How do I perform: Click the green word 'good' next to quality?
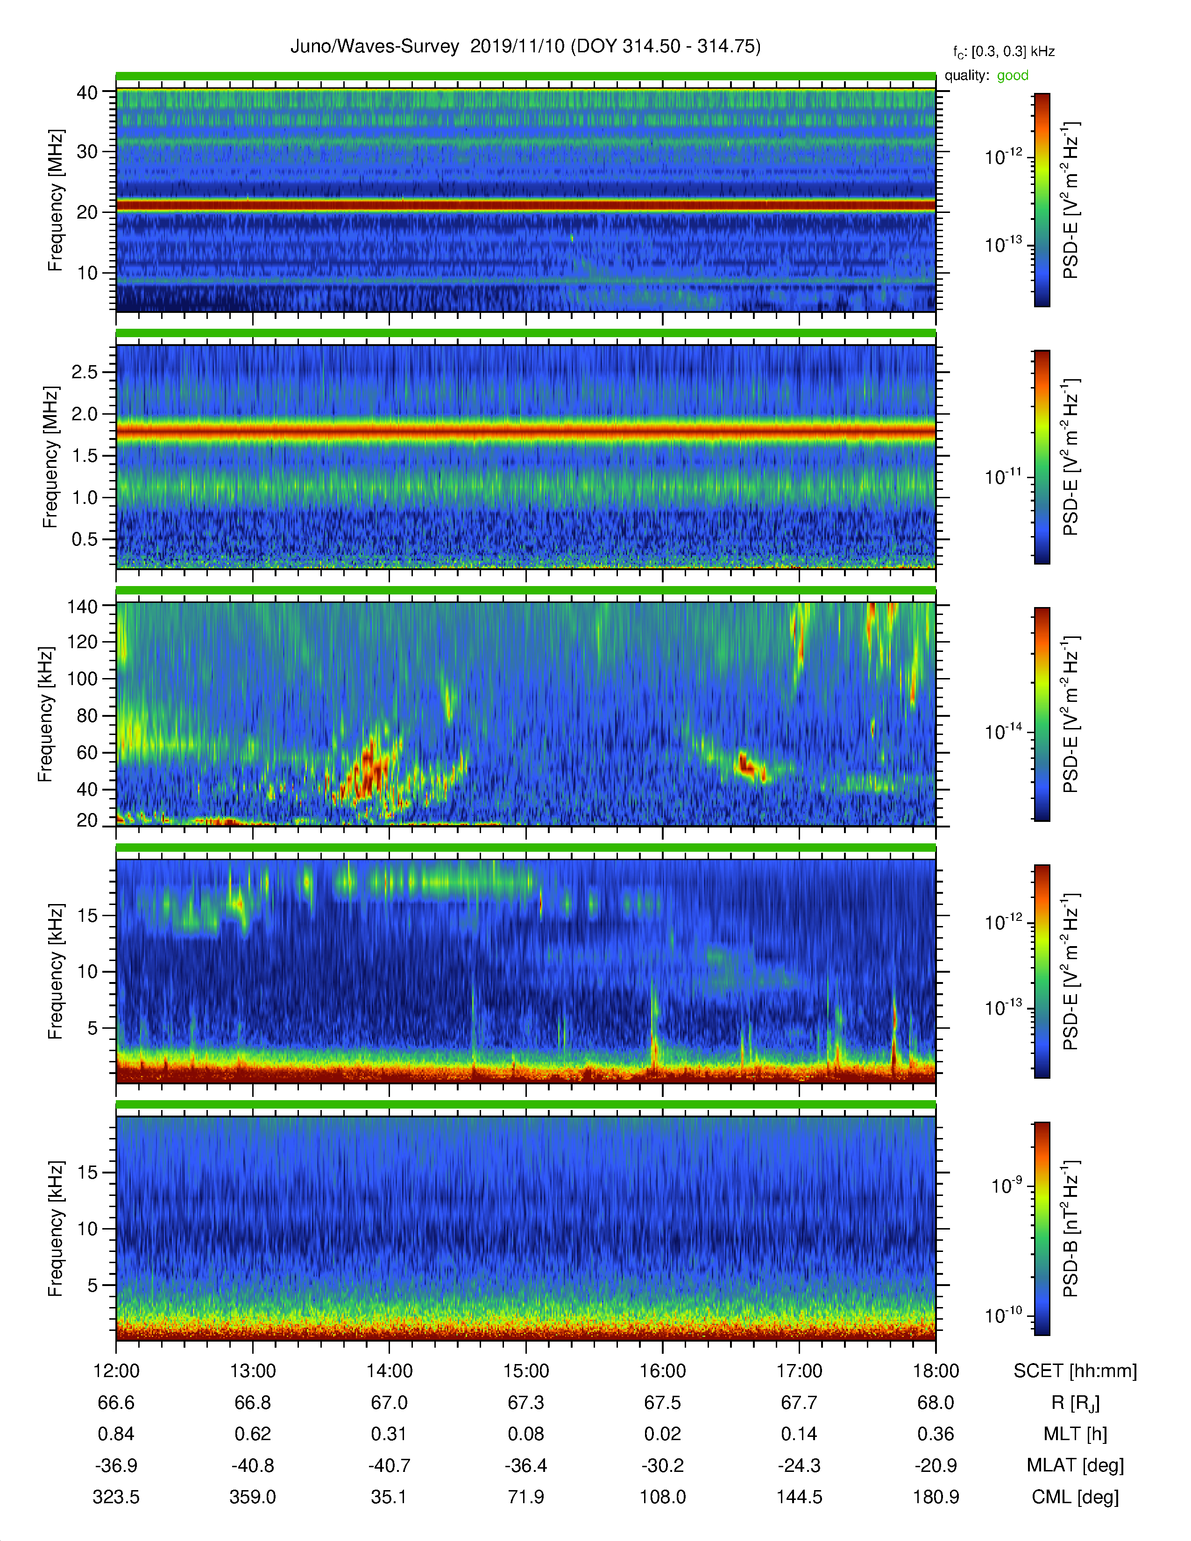pos(1013,76)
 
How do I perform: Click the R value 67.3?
pos(525,1403)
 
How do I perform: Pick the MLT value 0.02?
pos(663,1434)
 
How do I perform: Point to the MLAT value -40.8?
pos(253,1465)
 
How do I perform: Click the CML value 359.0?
pos(253,1497)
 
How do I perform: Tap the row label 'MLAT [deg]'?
pos(1075,1465)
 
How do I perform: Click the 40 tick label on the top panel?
pos(87,92)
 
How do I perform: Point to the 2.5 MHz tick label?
pos(85,372)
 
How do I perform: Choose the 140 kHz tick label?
pos(82,606)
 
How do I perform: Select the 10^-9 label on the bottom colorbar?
pos(1007,1185)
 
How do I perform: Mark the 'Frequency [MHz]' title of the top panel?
pos(55,200)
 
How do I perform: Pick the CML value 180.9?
pos(936,1497)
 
